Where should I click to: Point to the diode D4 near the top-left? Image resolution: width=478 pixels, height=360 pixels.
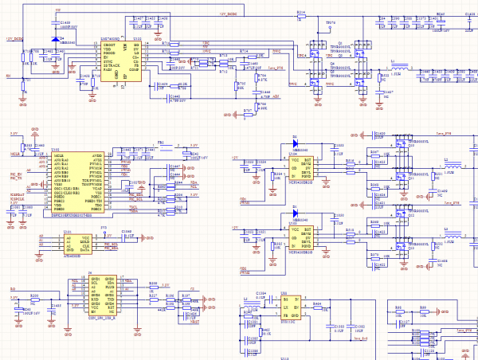point(56,37)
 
